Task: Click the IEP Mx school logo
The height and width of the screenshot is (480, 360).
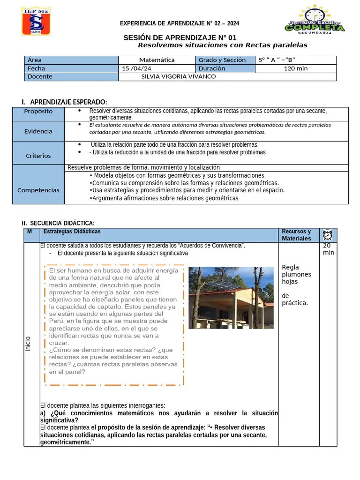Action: [36, 21]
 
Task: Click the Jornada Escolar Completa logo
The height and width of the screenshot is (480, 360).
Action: [315, 20]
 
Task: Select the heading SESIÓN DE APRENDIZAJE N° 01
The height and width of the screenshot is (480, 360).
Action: [180, 37]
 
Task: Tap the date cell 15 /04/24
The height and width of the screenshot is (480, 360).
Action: [137, 68]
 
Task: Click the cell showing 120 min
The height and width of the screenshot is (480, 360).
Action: [296, 68]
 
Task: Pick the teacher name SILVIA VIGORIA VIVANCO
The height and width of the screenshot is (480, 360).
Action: [178, 76]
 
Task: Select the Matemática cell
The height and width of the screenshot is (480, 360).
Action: [157, 60]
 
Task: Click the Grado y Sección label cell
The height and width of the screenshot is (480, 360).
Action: [222, 60]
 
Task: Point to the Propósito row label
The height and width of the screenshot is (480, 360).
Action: [38, 112]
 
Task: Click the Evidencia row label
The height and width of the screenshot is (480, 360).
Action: [38, 131]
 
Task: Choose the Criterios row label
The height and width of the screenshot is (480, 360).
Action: [38, 156]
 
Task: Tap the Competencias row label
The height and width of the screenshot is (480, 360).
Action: [38, 190]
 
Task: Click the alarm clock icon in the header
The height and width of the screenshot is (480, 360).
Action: [327, 235]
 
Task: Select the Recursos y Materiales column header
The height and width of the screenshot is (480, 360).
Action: [296, 235]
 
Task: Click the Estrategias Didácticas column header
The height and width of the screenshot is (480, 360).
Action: [72, 232]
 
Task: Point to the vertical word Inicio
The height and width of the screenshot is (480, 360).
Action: [28, 345]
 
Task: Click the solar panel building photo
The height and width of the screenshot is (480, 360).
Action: [231, 298]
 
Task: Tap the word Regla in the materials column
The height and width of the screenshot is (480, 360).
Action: [290, 268]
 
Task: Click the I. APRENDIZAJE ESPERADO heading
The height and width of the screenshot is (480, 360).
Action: [64, 102]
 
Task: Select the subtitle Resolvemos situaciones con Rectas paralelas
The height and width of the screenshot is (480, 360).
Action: [222, 45]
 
